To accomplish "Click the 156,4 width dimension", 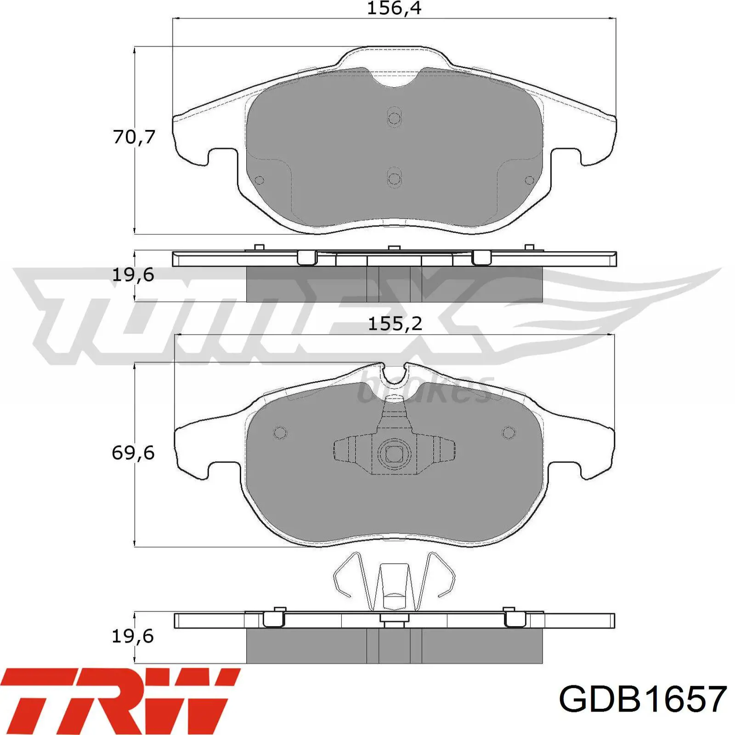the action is pyautogui.click(x=394, y=8).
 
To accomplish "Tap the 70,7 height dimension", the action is pyautogui.click(x=134, y=137).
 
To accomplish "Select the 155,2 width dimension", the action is pyautogui.click(x=395, y=324).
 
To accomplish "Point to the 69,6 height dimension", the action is pyautogui.click(x=133, y=453).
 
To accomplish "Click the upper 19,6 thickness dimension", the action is pyautogui.click(x=133, y=275).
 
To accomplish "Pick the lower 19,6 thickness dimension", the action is pyautogui.click(x=133, y=636).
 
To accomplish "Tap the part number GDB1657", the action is pyautogui.click(x=643, y=699).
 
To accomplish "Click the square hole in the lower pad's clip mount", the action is pyautogui.click(x=394, y=454).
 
